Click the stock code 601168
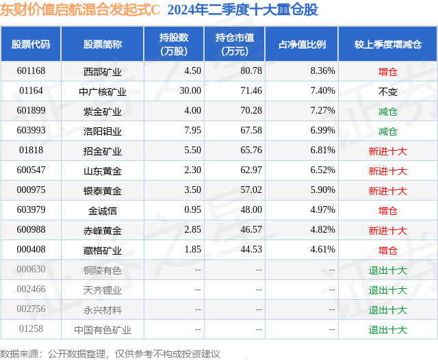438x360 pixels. pos(31,70)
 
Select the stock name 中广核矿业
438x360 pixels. pos(103,91)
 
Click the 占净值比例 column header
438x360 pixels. pos(302,44)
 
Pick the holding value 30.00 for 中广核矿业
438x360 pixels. pos(190,91)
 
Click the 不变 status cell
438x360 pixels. pos(388,91)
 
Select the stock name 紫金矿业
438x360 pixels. pos(103,111)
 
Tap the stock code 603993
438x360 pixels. pos(31,131)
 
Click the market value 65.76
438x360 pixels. pos(250,151)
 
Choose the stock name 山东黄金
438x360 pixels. pos(103,170)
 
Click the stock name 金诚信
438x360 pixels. pos(103,210)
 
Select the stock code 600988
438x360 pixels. pos(31,230)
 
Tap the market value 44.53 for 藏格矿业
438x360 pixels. pos(250,250)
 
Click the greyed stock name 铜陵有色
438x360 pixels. pos(103,270)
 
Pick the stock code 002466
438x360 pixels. pos(31,290)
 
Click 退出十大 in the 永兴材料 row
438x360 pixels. pos(388,309)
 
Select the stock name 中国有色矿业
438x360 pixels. pos(103,329)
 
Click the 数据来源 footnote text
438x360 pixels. pos(110,353)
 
